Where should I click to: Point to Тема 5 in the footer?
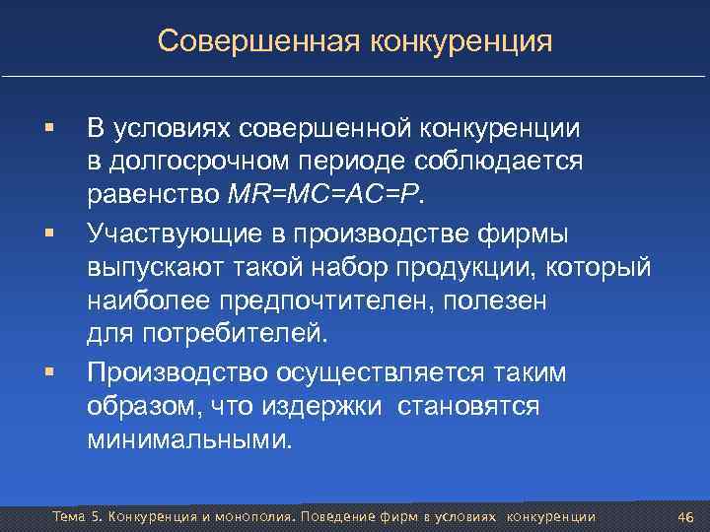(x=76, y=517)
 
